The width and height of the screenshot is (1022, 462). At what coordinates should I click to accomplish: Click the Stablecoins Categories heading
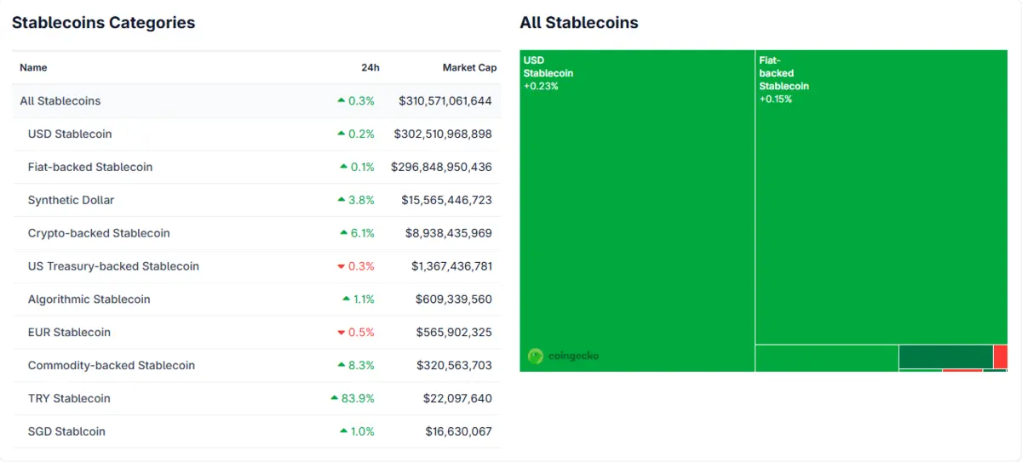[x=103, y=23]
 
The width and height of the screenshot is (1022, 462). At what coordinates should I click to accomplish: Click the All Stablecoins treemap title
[x=578, y=23]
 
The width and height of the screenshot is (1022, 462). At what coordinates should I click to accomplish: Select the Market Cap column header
[x=469, y=67]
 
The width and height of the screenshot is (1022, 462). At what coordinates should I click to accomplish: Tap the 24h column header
[x=370, y=67]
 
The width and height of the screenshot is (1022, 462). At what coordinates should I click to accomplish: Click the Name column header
[x=33, y=67]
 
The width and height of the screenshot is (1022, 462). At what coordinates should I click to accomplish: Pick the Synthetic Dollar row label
[x=71, y=200]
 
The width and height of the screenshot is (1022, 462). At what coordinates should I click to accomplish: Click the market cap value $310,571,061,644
[x=445, y=100]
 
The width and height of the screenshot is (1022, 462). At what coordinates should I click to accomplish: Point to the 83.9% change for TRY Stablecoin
[x=357, y=398]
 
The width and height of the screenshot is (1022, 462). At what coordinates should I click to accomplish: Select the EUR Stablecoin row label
[x=69, y=332]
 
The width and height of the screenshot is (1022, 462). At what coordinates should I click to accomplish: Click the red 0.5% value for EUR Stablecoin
[x=360, y=332]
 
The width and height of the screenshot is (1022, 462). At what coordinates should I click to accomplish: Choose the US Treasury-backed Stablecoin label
[x=113, y=266]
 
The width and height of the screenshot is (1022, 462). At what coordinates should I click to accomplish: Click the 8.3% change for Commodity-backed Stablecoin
[x=362, y=365]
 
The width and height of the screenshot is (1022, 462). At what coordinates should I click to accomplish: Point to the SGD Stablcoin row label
[x=66, y=431]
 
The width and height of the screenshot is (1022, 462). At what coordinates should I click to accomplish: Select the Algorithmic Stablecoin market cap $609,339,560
[x=453, y=299]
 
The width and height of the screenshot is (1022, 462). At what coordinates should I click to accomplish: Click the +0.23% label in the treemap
[x=541, y=86]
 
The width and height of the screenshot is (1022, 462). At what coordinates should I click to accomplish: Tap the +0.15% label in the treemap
[x=776, y=99]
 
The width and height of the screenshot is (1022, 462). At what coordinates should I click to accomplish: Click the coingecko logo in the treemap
[x=563, y=356]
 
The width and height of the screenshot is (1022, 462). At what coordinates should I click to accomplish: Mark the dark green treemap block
[x=945, y=356]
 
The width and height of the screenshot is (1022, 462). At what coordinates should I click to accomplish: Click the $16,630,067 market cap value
[x=458, y=431]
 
